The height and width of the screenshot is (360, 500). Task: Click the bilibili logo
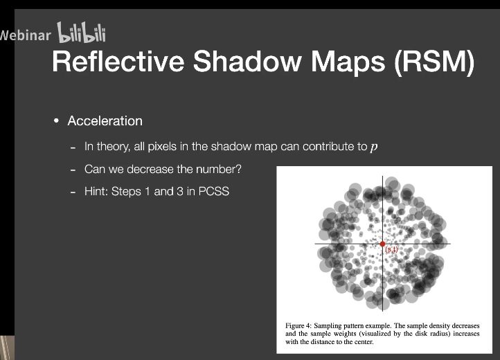pos(81,33)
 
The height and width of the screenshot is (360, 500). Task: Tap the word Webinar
pos(25,35)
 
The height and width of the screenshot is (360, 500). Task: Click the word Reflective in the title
pos(118,61)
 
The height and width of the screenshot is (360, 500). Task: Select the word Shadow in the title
pos(247,61)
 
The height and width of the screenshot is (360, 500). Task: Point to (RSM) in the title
pos(434,62)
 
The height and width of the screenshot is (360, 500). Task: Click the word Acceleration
pos(105,121)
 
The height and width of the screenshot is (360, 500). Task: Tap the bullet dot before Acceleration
pos(57,121)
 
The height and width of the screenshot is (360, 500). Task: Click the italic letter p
pos(374,147)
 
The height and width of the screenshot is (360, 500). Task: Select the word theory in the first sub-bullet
pos(113,147)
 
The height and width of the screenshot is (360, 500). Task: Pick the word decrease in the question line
pos(150,169)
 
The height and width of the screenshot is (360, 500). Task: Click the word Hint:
pos(96,191)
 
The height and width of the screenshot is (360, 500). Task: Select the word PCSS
pos(214,191)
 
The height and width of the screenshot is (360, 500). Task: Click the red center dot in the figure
pos(382,244)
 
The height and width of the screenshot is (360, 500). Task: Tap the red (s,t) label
pos(391,249)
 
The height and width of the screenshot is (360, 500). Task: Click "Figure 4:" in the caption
pos(298,326)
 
